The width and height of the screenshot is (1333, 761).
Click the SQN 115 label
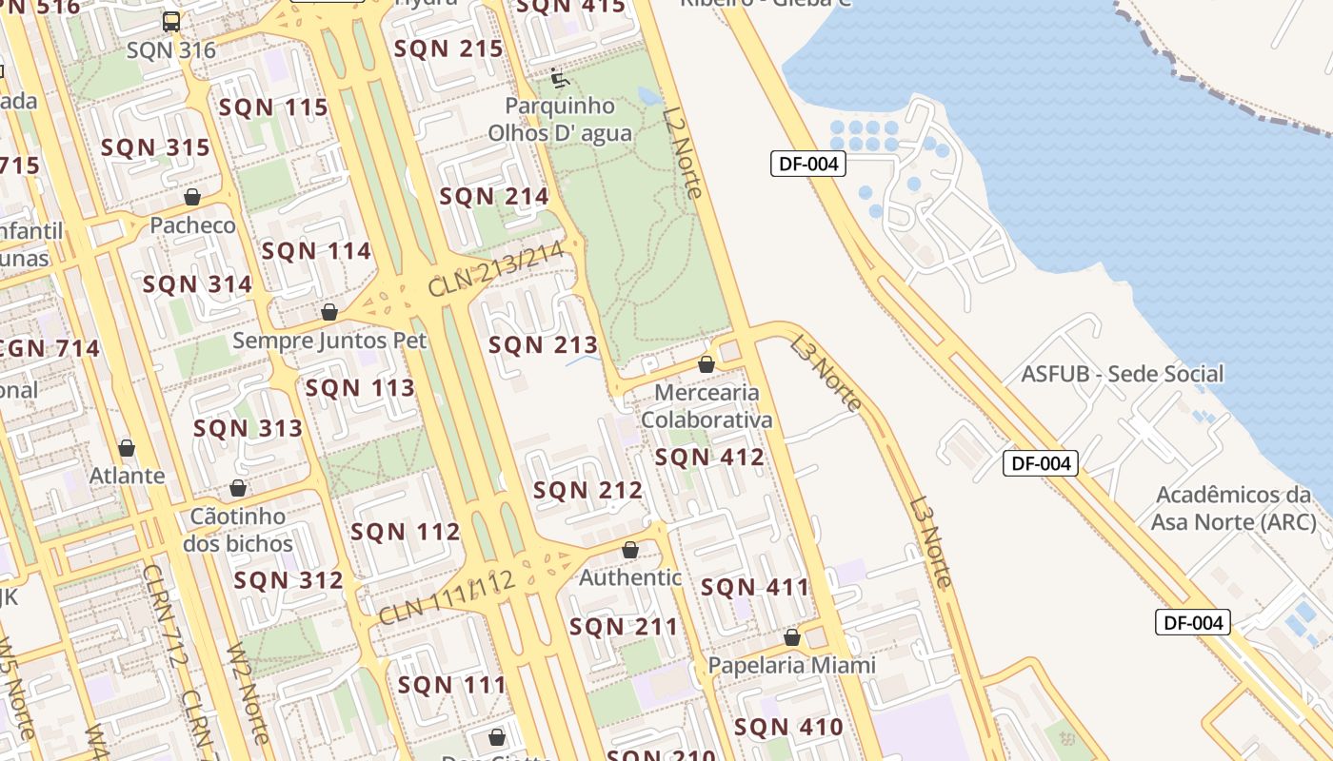pyautogui.click(x=273, y=107)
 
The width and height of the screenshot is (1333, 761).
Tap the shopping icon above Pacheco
pyautogui.click(x=192, y=197)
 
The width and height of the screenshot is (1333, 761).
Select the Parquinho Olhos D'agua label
pyautogui.click(x=560, y=119)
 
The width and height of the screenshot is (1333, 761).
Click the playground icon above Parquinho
pyautogui.click(x=560, y=77)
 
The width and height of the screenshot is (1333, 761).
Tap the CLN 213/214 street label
pyautogui.click(x=504, y=269)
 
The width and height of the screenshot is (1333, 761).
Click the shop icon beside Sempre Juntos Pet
pyautogui.click(x=329, y=312)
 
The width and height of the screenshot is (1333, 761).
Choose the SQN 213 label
pyautogui.click(x=543, y=344)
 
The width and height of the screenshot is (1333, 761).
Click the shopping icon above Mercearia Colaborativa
pyautogui.click(x=706, y=364)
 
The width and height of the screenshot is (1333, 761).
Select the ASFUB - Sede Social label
pyautogui.click(x=1122, y=374)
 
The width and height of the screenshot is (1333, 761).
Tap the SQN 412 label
pyautogui.click(x=709, y=458)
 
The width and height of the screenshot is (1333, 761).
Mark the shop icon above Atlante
pyautogui.click(x=127, y=448)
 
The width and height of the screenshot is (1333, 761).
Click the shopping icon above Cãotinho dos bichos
pyautogui.click(x=238, y=489)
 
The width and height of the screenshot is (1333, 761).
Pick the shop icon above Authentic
pyautogui.click(x=629, y=550)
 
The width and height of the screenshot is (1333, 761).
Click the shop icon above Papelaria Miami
pyautogui.click(x=791, y=637)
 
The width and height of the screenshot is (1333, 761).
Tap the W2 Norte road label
pyautogui.click(x=248, y=693)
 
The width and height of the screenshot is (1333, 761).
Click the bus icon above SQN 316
pyautogui.click(x=171, y=22)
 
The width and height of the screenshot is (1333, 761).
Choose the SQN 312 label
pyautogui.click(x=288, y=580)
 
